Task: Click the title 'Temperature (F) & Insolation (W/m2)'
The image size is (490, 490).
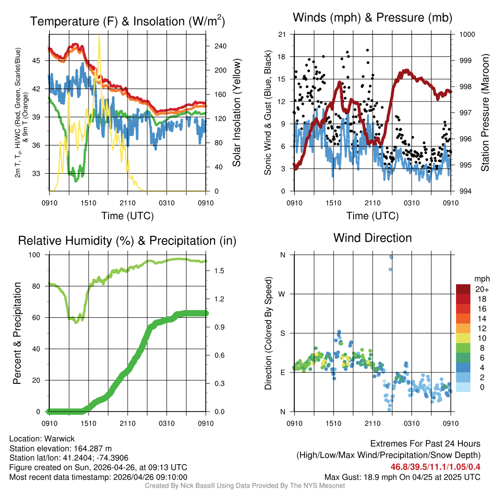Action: point(127,21)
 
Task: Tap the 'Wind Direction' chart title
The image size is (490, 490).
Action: point(372,238)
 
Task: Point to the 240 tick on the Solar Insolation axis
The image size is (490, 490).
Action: point(220,46)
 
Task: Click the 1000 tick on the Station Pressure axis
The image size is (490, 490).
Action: point(467,34)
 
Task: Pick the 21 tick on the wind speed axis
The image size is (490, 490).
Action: point(282,34)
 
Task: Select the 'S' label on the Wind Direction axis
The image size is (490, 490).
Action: point(282,333)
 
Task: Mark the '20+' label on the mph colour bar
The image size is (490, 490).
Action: point(481,289)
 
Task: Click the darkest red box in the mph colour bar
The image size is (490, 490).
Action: point(464,289)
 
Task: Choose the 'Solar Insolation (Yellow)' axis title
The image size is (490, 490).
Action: point(236,113)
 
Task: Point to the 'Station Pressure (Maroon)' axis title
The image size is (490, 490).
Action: point(484,113)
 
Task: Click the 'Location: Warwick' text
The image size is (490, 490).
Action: point(42,439)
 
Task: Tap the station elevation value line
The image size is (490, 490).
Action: point(60,448)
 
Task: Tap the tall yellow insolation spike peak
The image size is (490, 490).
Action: point(99,36)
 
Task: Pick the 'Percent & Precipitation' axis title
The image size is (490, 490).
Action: point(18,333)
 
